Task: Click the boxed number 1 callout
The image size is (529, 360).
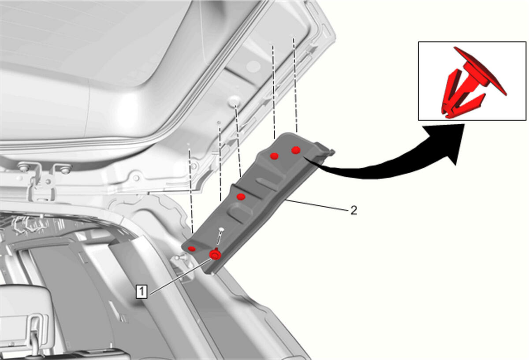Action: [142, 291]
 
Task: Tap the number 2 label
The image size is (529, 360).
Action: [353, 210]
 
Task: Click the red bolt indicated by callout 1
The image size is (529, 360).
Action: [215, 255]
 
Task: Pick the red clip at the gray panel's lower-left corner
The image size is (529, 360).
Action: [191, 249]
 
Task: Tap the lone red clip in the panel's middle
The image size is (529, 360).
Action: [241, 197]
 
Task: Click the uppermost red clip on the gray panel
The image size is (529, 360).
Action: [296, 150]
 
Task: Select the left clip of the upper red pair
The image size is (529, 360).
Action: [274, 156]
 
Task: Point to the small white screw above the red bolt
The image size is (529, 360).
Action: [221, 229]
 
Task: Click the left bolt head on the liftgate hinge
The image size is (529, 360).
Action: [23, 167]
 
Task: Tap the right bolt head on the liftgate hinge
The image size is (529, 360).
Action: [65, 169]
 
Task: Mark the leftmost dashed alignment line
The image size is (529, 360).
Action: [191, 191]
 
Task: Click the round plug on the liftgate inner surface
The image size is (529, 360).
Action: [235, 101]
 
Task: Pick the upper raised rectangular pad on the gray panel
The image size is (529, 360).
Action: [270, 183]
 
